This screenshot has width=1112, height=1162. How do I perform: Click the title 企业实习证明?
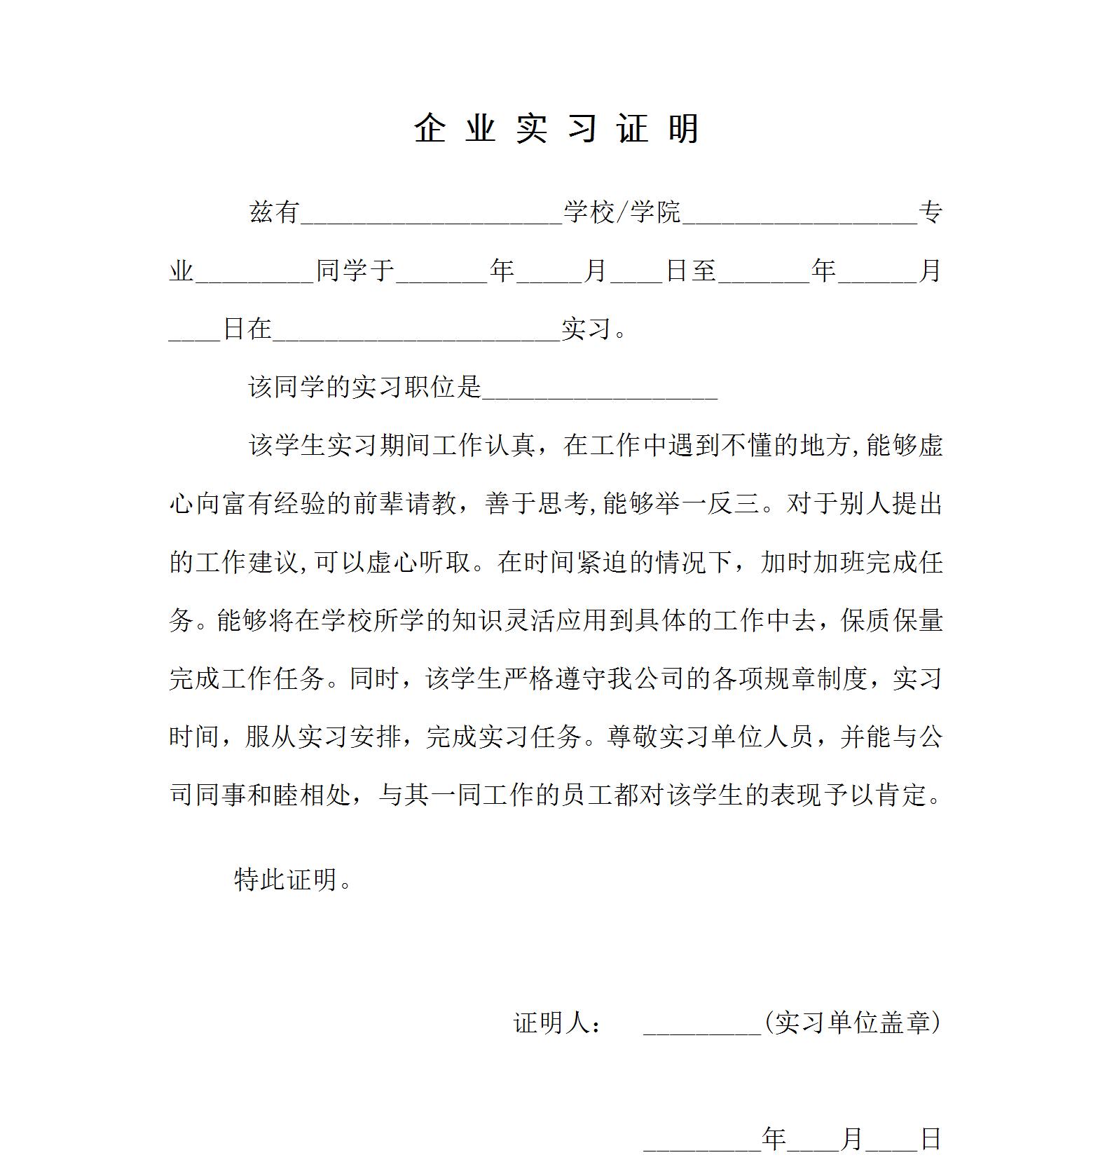[x=556, y=128]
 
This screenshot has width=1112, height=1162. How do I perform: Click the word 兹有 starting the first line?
[x=275, y=212]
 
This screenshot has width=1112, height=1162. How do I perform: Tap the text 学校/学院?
[x=622, y=212]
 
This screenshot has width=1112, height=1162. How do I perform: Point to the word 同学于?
[x=356, y=271]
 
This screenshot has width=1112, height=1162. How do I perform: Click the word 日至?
[x=691, y=271]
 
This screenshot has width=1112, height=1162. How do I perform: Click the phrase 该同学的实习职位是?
[x=365, y=387]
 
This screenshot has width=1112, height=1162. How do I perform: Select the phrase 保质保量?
[x=891, y=620]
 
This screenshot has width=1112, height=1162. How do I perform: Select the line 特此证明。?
[x=293, y=879]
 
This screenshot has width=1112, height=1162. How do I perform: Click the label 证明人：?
[x=558, y=1023]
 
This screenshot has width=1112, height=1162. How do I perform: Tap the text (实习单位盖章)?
[x=852, y=1023]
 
